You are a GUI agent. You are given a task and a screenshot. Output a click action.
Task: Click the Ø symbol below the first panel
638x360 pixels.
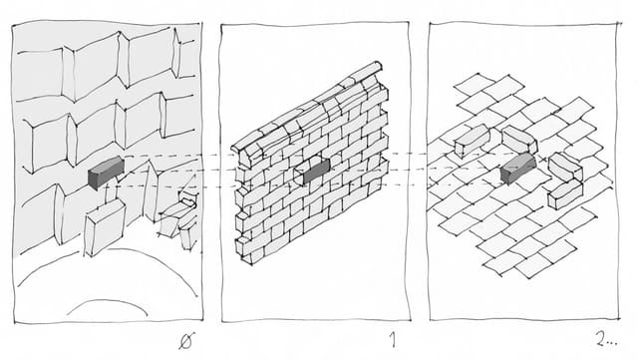(186, 340)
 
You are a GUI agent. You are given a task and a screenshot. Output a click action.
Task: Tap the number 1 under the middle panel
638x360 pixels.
(392, 339)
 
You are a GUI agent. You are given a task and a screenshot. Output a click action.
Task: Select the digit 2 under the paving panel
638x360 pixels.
(601, 339)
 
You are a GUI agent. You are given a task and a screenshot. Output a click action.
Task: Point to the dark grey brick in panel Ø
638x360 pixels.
(107, 173)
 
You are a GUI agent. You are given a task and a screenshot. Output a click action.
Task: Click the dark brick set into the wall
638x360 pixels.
(317, 171)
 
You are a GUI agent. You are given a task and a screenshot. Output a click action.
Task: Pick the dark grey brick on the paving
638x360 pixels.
(518, 168)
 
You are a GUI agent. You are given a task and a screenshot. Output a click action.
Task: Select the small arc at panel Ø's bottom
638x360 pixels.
(107, 306)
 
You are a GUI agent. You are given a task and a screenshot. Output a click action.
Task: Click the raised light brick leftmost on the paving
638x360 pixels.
(472, 141)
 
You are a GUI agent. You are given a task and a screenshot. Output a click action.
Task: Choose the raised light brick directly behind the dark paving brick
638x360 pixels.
(519, 140)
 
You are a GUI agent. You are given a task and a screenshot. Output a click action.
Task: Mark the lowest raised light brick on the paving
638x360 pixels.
(565, 194)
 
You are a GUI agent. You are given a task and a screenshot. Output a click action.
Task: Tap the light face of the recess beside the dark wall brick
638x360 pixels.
(298, 175)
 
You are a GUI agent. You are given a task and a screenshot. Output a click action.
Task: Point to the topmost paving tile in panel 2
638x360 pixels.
(473, 84)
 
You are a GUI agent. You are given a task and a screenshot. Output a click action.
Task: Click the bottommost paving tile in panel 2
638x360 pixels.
(533, 266)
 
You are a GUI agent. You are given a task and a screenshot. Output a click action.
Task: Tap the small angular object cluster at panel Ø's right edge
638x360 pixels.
(180, 217)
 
